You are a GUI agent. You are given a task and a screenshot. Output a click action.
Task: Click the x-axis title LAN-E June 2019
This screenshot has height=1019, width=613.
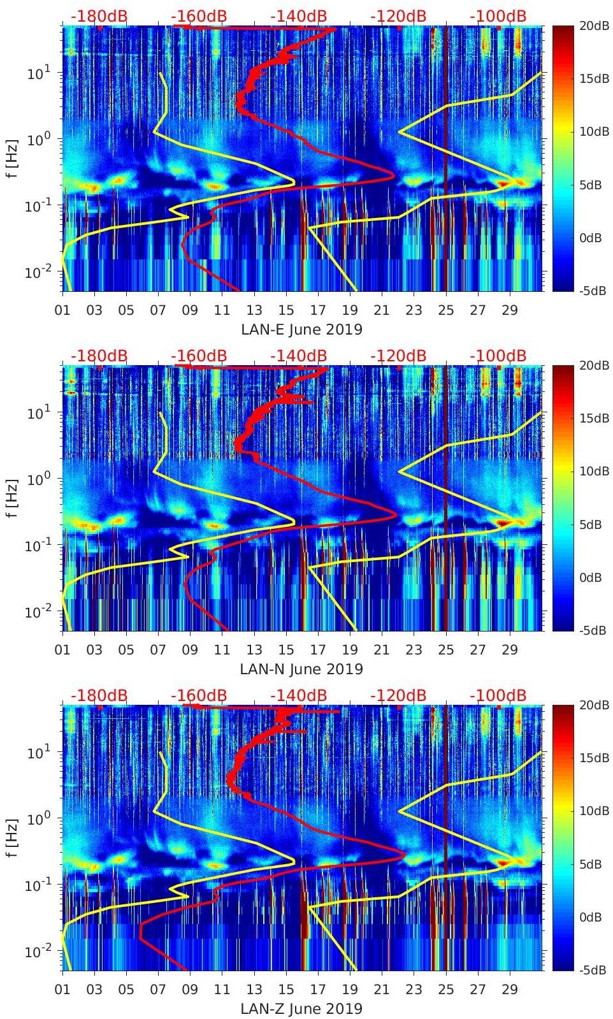coord(301,329)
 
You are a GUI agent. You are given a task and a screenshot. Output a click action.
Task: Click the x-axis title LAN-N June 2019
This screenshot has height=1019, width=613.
coord(301,669)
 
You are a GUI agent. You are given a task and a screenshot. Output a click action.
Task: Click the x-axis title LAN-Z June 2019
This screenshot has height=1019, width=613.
coord(301,1009)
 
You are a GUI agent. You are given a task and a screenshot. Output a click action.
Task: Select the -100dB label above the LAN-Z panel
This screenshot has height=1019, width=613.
coord(498,695)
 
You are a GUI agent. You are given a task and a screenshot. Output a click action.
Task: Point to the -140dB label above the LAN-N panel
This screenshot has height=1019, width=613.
coord(298,356)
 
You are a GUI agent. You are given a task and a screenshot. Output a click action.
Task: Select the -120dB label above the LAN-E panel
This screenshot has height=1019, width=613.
coord(398,16)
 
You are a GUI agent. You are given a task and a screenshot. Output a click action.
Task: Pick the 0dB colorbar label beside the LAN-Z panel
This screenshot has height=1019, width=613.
coord(593,917)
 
